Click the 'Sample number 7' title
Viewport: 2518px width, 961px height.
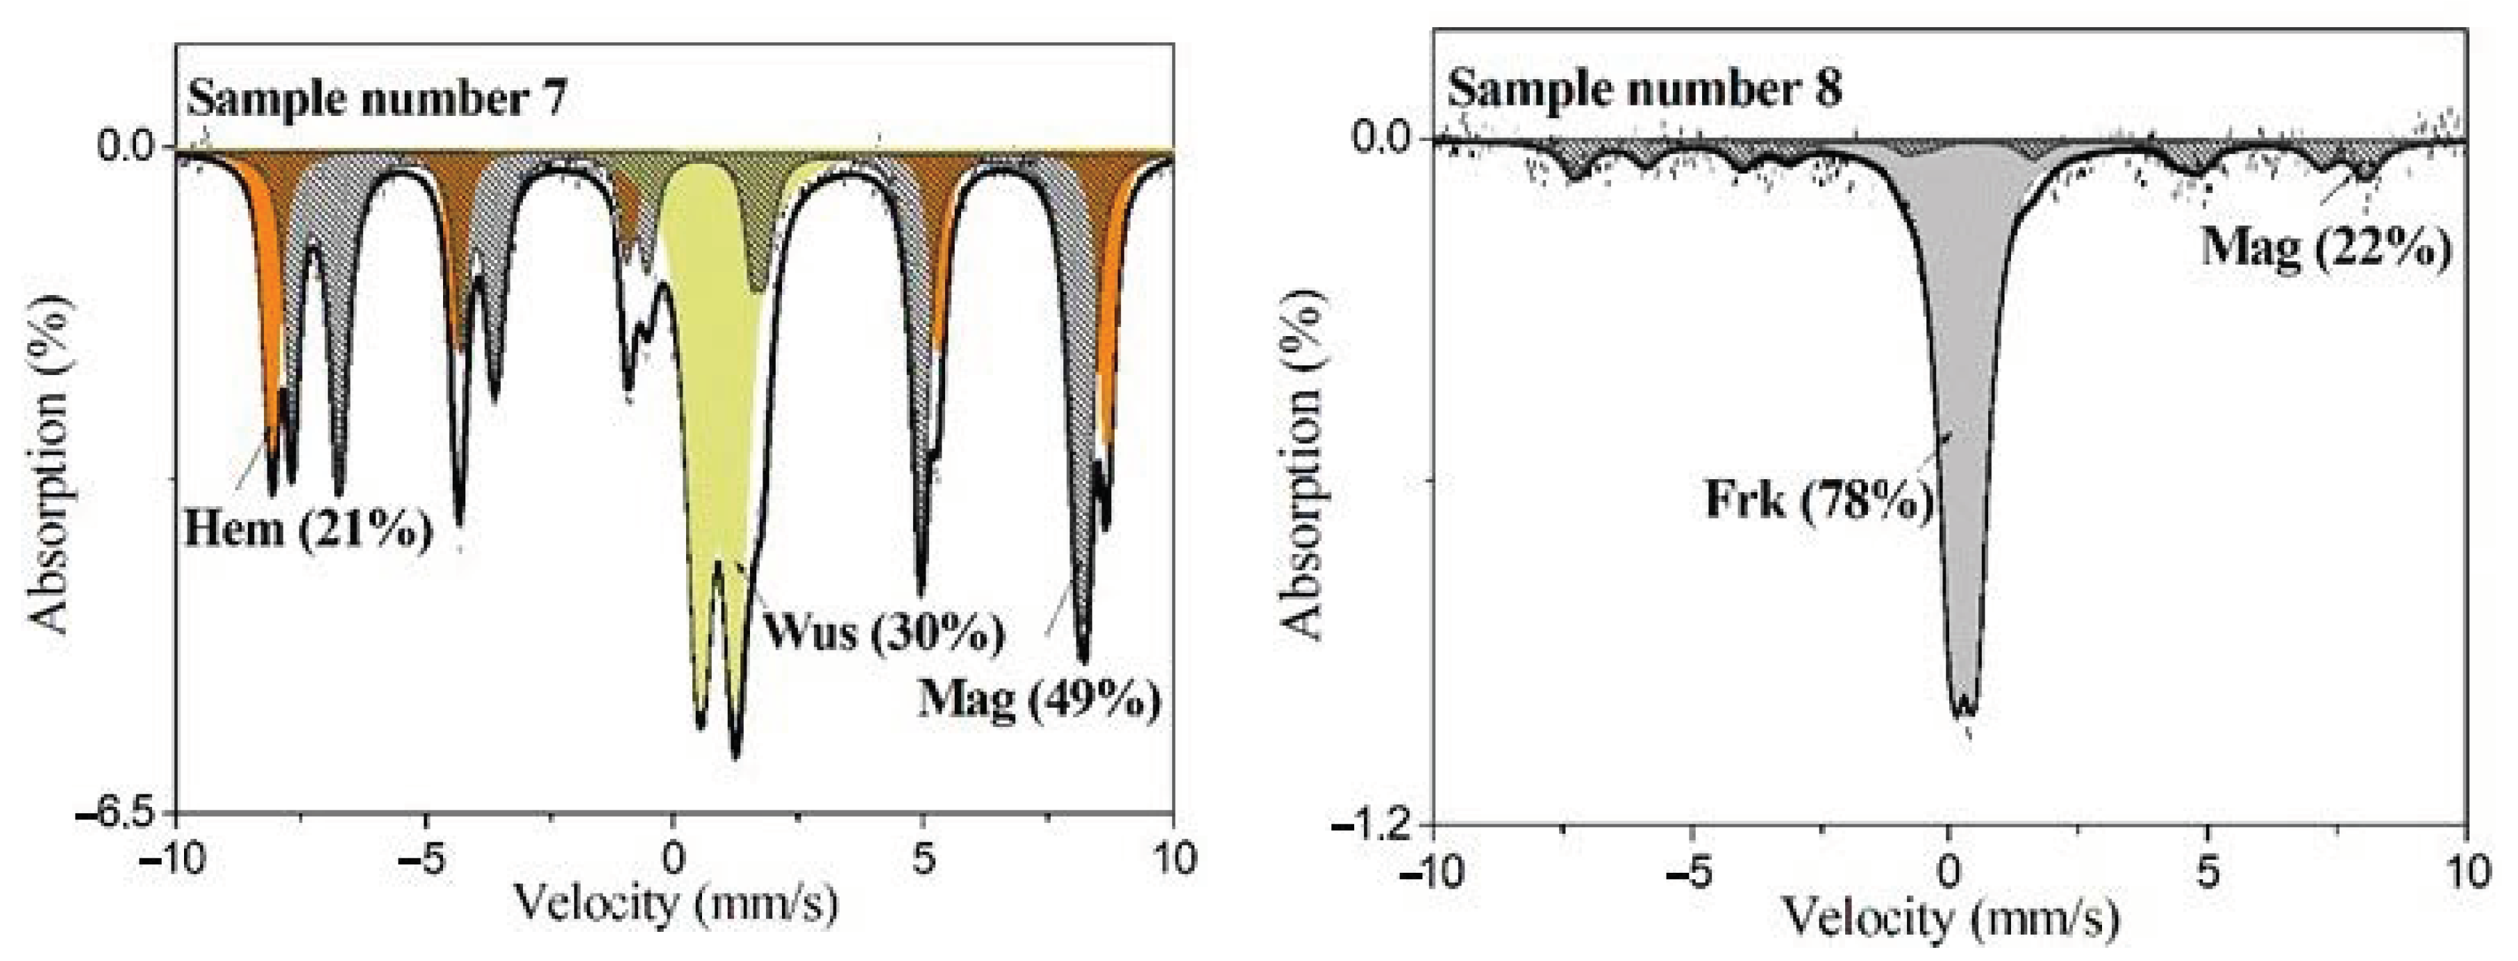[377, 99]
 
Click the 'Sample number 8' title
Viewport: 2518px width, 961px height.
[1645, 88]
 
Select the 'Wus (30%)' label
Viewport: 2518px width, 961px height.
[883, 632]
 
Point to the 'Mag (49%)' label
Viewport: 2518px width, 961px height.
[1039, 700]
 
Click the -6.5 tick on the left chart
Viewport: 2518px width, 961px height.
[124, 813]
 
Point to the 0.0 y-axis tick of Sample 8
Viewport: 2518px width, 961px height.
[1386, 136]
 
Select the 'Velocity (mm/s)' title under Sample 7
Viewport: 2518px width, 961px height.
[674, 904]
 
